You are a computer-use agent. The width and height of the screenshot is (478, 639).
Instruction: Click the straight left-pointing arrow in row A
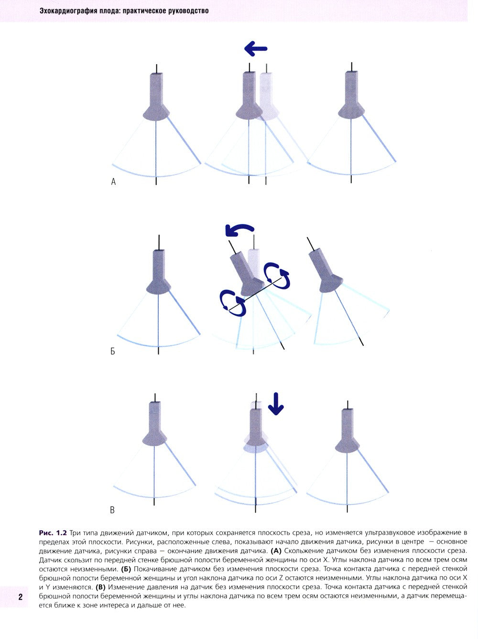[x=256, y=49]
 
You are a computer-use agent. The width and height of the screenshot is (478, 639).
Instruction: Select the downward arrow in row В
[x=275, y=404]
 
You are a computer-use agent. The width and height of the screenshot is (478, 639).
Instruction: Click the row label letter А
[x=113, y=182]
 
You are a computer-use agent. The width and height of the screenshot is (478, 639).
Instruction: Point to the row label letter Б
[x=113, y=352]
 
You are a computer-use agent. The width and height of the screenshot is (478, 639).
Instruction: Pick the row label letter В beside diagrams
[x=112, y=510]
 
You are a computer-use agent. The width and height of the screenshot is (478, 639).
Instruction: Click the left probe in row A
[x=156, y=96]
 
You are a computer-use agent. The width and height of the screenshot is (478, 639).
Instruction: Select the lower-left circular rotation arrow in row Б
[x=233, y=303]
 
